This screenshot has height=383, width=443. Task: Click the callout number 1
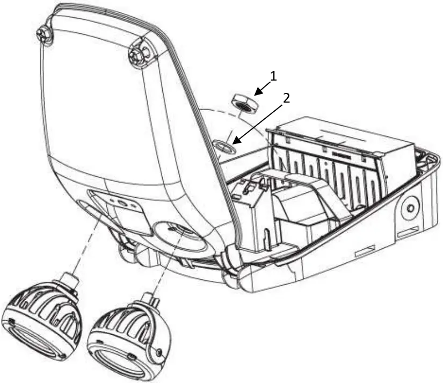coord(273,77)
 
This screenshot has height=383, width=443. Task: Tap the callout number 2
coord(287,98)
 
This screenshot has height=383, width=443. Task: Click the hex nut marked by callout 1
coord(243,103)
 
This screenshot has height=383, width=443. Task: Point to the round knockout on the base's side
coord(410,208)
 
